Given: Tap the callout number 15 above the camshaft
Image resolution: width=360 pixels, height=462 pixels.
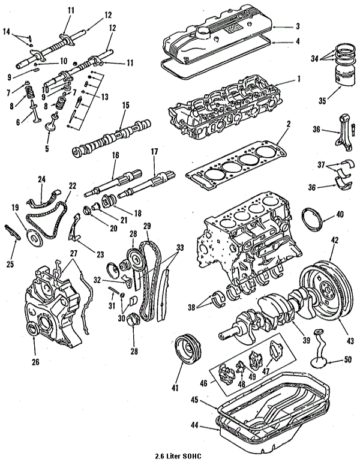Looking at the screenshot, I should coord(125,105).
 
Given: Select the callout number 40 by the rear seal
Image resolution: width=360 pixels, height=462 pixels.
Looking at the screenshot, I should coord(340,214).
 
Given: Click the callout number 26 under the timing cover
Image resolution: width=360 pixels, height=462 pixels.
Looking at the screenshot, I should coord(36,361).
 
